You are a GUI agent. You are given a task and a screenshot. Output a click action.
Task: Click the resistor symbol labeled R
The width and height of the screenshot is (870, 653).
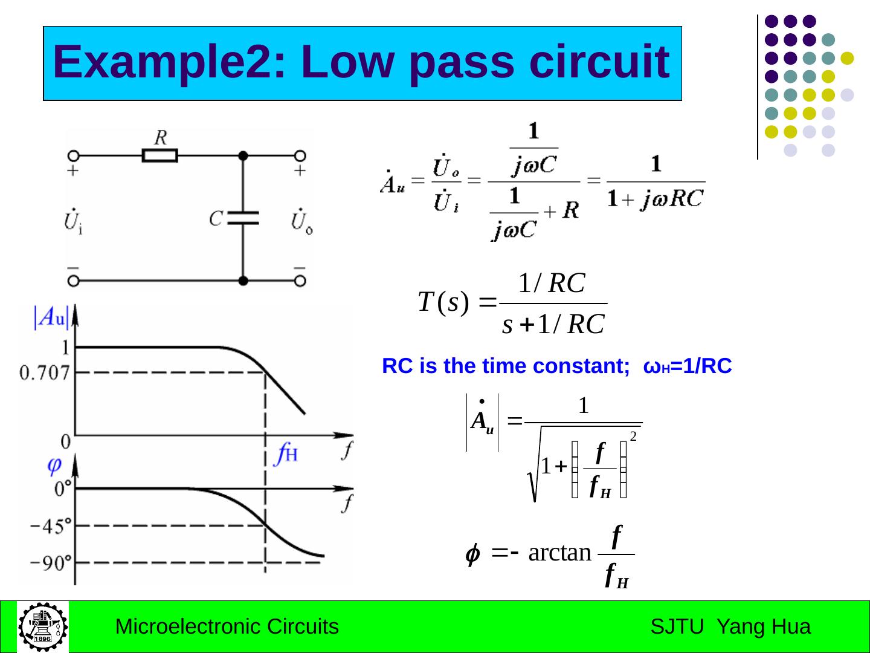click(160, 155)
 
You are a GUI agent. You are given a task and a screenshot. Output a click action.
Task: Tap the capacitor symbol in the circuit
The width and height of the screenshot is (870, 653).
click(243, 218)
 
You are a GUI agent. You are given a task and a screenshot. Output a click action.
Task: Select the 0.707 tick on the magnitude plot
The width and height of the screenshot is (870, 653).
click(45, 373)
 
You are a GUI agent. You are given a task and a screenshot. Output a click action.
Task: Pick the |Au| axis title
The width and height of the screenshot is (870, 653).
click(52, 317)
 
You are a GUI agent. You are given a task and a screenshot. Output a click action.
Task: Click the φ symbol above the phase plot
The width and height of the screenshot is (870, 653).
click(54, 465)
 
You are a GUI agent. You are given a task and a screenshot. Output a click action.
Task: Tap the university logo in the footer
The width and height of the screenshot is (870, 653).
click(42, 626)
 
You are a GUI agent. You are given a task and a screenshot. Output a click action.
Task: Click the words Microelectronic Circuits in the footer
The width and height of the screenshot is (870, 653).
click(227, 627)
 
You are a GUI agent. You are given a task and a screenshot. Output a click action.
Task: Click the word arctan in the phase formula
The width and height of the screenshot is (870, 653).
click(559, 553)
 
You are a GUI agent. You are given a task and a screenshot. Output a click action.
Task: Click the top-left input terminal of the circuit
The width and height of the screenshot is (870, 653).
click(74, 155)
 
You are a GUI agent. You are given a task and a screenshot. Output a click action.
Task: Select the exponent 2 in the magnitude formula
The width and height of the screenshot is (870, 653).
click(633, 436)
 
